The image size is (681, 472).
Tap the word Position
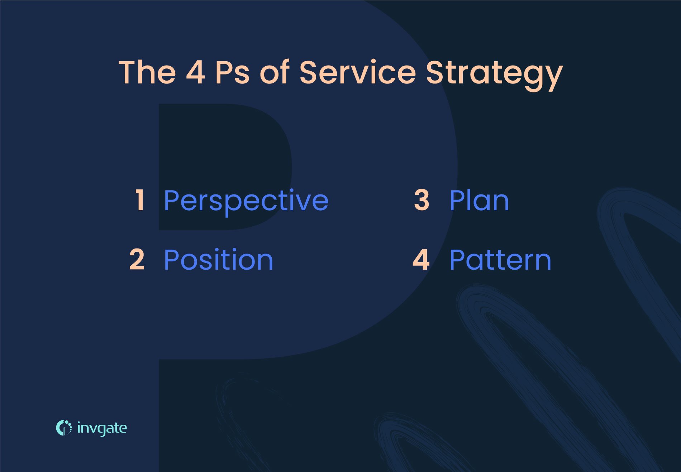click(x=218, y=260)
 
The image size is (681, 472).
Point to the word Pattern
click(x=500, y=260)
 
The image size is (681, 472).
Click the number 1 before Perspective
click(x=140, y=200)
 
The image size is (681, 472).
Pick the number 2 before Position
click(x=137, y=260)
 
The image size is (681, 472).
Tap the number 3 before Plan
click(x=422, y=200)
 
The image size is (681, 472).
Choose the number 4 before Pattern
click(x=421, y=260)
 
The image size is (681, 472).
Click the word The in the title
click(x=147, y=72)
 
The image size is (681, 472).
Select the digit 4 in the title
click(x=195, y=72)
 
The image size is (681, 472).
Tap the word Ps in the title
click(x=232, y=72)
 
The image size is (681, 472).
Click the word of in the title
click(x=275, y=72)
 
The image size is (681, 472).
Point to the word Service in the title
click(x=357, y=72)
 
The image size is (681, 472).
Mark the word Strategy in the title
click(x=494, y=73)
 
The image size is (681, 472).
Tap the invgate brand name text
click(x=102, y=428)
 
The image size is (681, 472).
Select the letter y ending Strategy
click(x=552, y=77)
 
